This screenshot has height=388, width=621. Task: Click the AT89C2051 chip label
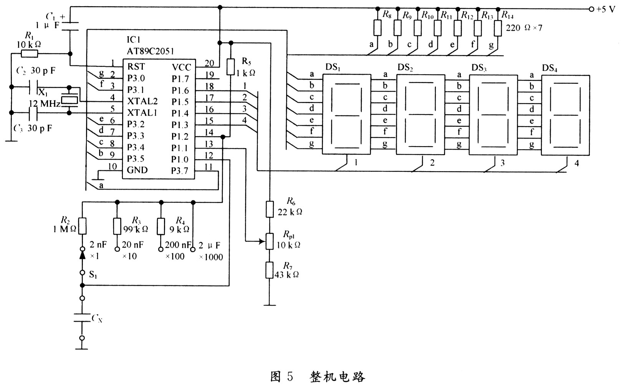coord(150,52)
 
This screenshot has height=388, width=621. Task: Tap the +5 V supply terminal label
coord(606,9)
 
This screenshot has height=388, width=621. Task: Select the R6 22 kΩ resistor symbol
coord(270,209)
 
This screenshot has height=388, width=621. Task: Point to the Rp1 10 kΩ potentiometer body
coord(270,241)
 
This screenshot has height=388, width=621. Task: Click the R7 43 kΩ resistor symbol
coord(270,270)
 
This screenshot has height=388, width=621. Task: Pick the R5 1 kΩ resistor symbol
coord(231,67)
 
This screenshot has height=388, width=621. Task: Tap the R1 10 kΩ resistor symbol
coord(30,53)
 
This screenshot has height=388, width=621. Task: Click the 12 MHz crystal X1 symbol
coord(69,100)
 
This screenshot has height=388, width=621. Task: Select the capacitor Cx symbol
coord(82,318)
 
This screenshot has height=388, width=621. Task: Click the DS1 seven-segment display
coord(346,114)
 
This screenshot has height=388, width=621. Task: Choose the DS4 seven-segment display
coord(566,115)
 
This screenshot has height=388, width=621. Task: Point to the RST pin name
coord(136,67)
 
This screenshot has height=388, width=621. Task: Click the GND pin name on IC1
coord(137,170)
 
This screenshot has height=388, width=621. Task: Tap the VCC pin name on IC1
coord(182,67)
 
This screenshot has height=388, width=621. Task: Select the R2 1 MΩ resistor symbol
coord(82,226)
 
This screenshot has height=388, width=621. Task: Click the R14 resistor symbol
coord(498,28)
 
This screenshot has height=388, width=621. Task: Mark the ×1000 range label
coord(211,257)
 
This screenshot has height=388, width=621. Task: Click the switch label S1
coord(93,275)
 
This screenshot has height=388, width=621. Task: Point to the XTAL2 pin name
coord(142,101)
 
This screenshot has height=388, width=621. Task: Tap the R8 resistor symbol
coord(377,27)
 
